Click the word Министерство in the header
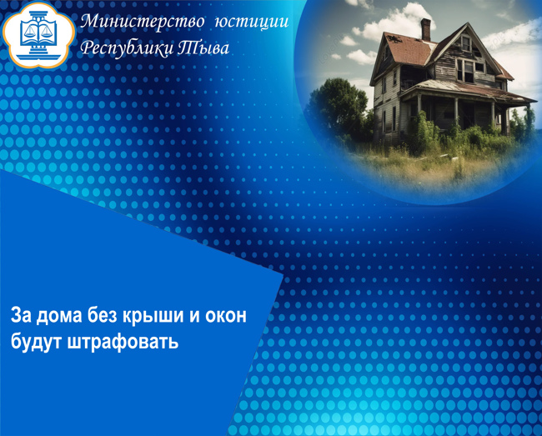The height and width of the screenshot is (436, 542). tap(143, 22)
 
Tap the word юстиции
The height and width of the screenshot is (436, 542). tap(252, 22)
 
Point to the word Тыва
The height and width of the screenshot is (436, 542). tap(203, 48)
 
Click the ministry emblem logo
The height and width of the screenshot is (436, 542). tap(38, 34)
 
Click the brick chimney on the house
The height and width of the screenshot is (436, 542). tap(425, 30)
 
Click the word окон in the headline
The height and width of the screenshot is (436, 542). tap(226, 315)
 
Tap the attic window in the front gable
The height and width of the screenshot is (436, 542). tap(465, 43)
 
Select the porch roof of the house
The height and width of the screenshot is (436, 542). tap(467, 91)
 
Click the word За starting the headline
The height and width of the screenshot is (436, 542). tap(21, 315)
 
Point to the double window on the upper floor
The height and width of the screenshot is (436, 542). tap(465, 71)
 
